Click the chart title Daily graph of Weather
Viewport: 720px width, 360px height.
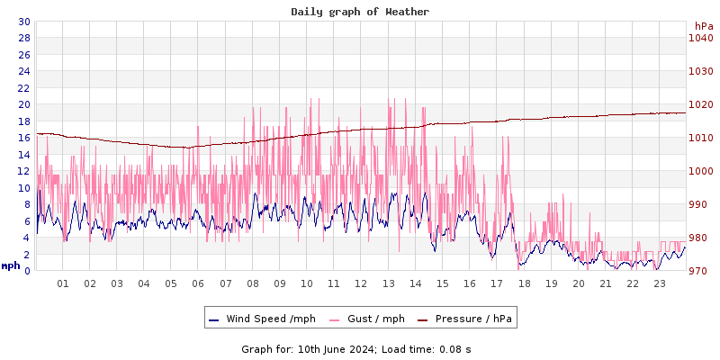[360, 12]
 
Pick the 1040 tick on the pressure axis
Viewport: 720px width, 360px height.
[700, 38]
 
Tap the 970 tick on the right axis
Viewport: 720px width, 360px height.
[700, 271]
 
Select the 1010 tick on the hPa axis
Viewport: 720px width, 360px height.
[700, 138]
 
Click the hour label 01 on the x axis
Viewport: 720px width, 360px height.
[63, 283]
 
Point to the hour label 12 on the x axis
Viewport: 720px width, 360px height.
[361, 283]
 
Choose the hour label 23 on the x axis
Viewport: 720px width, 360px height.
[660, 283]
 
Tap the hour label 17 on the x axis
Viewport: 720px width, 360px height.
[497, 283]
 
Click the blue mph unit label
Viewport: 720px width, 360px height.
[11, 265]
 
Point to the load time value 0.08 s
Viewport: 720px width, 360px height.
[455, 348]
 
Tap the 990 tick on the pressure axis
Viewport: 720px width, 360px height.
[700, 204]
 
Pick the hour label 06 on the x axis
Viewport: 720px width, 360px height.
[198, 283]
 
